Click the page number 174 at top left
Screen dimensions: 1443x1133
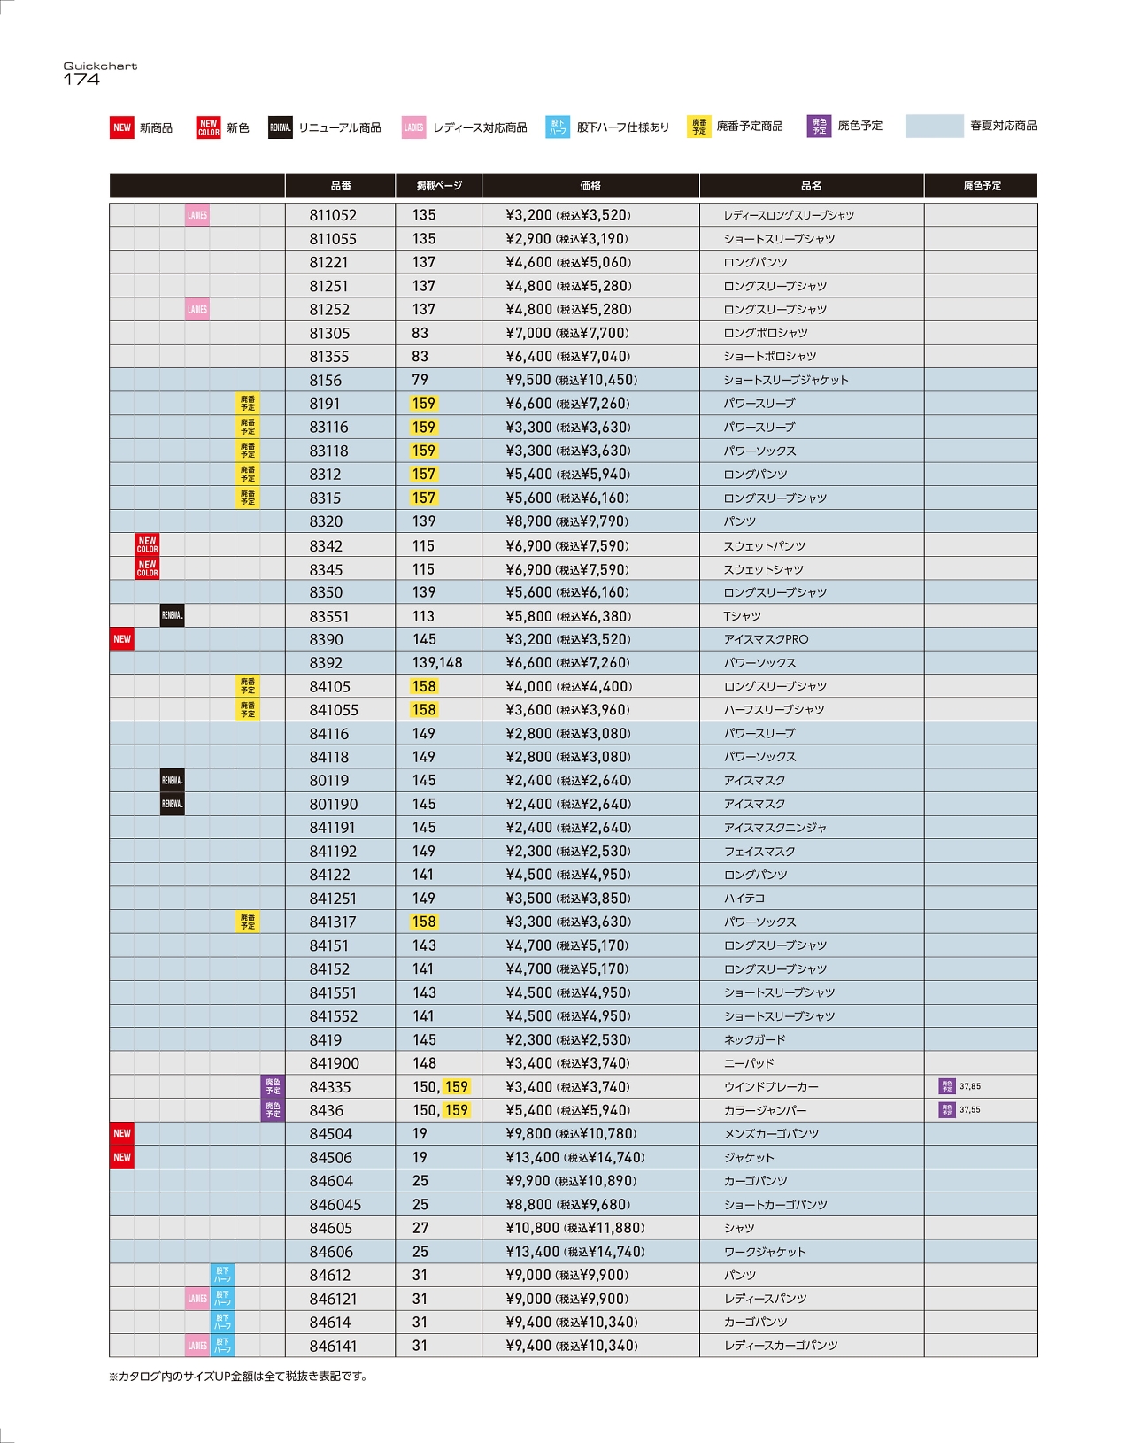(81, 80)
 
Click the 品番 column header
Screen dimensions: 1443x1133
(341, 186)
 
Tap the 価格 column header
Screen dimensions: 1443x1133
(590, 186)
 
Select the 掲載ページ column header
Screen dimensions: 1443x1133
(439, 186)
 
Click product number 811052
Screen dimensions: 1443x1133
(333, 215)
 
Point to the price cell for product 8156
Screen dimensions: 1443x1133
(571, 380)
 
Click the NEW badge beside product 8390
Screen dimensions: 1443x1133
(122, 639)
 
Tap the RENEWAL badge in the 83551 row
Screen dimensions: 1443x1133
(173, 616)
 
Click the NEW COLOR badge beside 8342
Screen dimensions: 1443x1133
(147, 545)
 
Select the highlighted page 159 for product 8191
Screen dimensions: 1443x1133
(424, 404)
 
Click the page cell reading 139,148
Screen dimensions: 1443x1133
(437, 663)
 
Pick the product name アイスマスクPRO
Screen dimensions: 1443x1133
(766, 639)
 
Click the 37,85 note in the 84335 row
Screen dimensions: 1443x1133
(969, 1086)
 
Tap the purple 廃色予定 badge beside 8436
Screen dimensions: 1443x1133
(273, 1110)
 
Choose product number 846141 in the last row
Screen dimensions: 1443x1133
(334, 1346)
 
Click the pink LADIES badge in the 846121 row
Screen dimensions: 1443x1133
(197, 1299)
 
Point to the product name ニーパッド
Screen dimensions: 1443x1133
(749, 1063)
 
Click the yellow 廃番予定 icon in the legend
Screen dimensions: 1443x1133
(699, 127)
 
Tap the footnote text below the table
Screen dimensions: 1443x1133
(237, 1377)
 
